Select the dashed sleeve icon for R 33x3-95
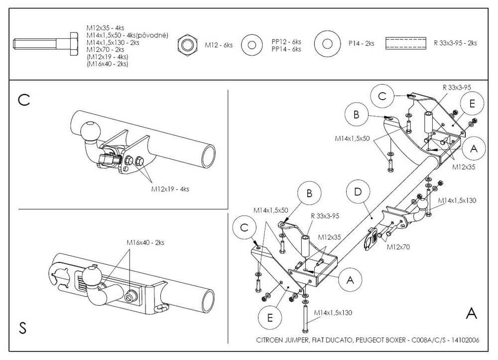(406, 43)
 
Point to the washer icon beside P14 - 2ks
(327, 43)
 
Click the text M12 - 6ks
(219, 45)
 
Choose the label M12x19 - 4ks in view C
(170, 189)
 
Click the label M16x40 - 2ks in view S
(145, 242)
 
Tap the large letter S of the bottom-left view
(22, 328)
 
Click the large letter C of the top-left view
(23, 100)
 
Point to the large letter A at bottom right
(471, 313)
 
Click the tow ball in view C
(90, 131)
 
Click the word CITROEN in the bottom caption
(270, 341)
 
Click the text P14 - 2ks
(362, 43)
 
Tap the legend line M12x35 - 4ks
(105, 29)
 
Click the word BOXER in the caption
(392, 341)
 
